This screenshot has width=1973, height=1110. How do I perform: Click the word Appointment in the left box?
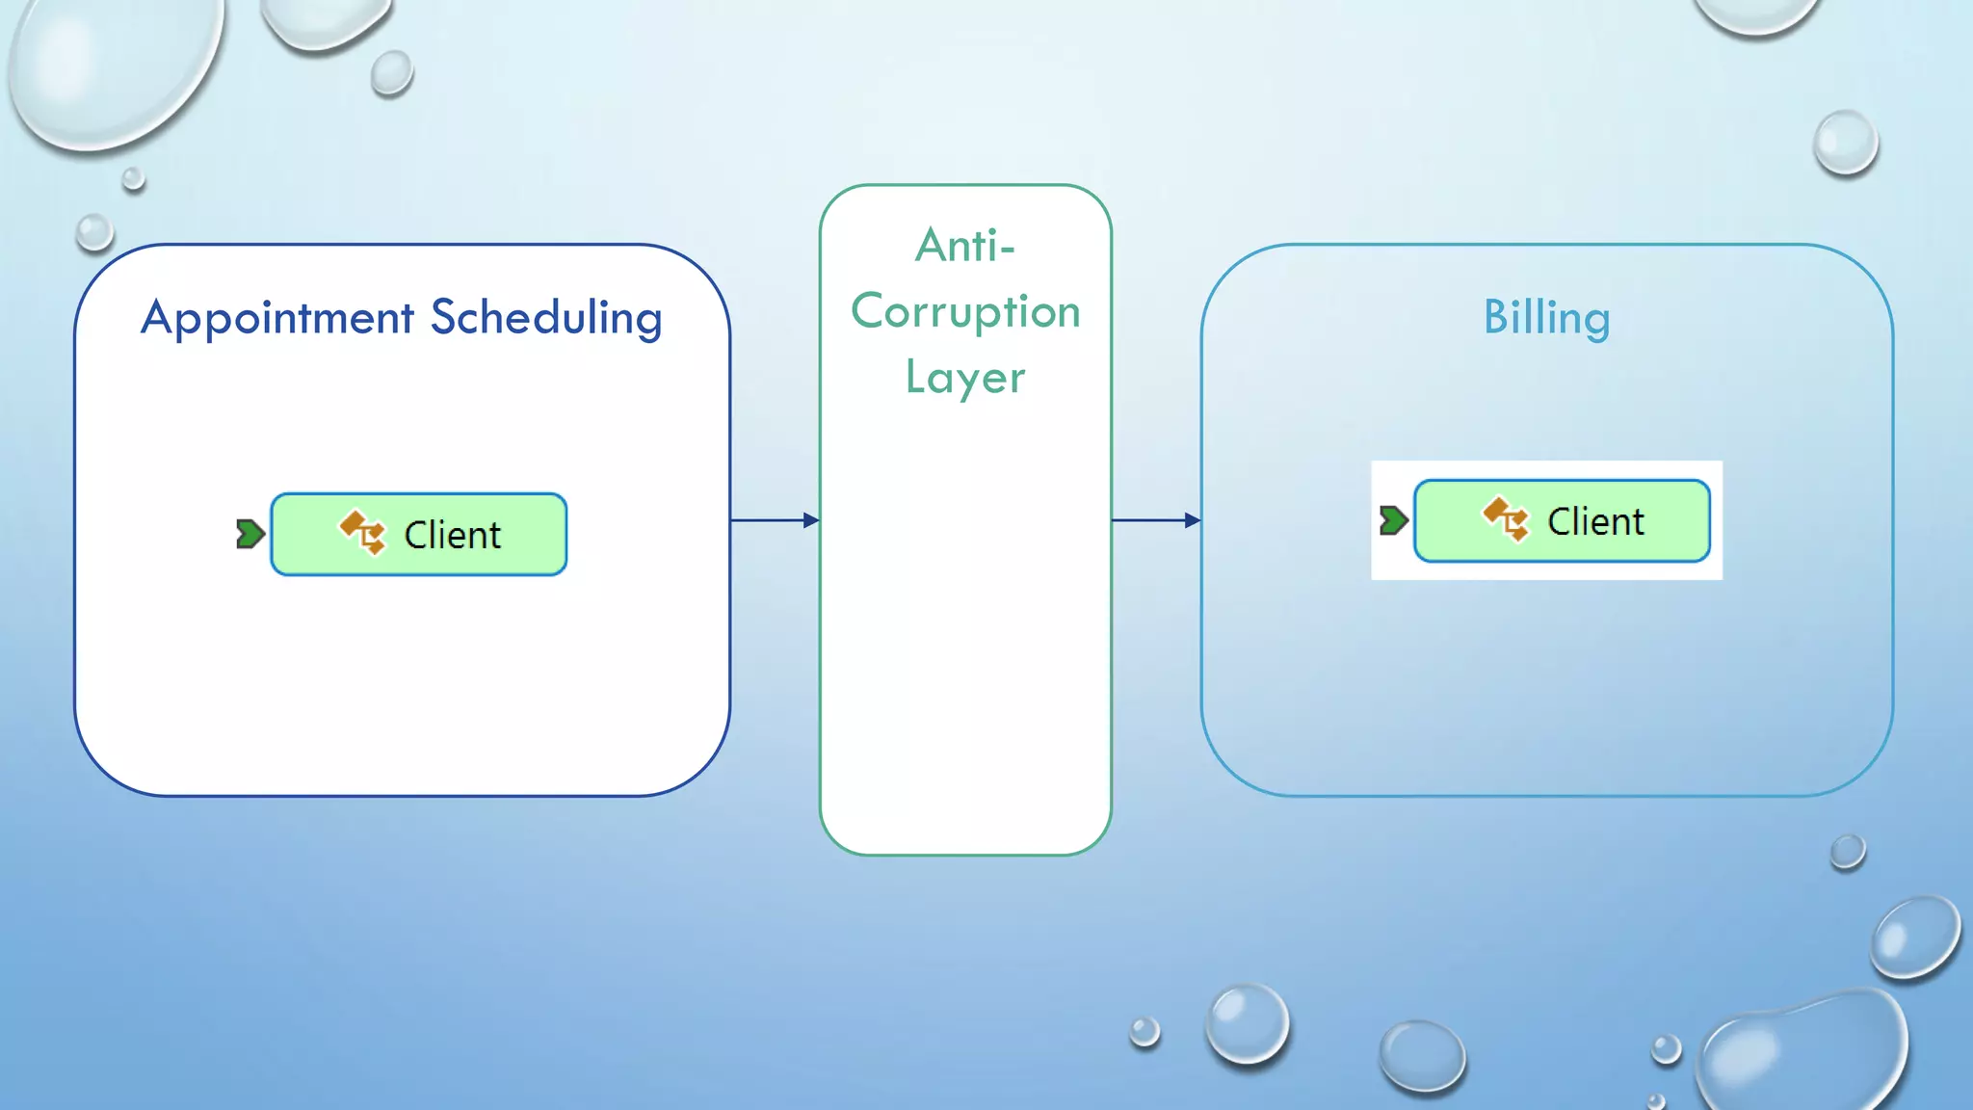(x=277, y=318)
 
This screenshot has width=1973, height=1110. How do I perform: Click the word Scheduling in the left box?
(x=546, y=318)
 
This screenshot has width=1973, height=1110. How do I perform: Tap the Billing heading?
(x=1546, y=318)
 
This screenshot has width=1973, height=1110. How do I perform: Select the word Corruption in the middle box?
(x=965, y=312)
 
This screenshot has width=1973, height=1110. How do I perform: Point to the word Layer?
(x=965, y=378)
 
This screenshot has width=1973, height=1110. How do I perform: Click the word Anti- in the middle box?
(x=965, y=247)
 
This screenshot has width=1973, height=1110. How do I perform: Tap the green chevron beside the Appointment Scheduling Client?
(x=250, y=534)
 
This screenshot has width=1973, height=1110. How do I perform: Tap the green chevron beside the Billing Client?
(x=1393, y=520)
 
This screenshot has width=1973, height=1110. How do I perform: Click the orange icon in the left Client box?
(x=362, y=532)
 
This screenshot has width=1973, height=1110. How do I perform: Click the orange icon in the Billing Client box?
(x=1506, y=518)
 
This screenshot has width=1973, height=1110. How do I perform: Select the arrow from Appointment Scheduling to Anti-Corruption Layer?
(x=775, y=520)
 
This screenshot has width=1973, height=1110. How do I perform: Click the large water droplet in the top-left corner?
(x=111, y=67)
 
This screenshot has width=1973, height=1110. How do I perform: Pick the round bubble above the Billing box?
(x=1845, y=143)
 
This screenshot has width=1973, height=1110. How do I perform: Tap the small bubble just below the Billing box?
(x=1847, y=852)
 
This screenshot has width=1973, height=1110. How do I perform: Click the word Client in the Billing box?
(x=1595, y=521)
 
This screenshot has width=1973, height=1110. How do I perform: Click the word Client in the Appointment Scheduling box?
(x=452, y=535)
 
